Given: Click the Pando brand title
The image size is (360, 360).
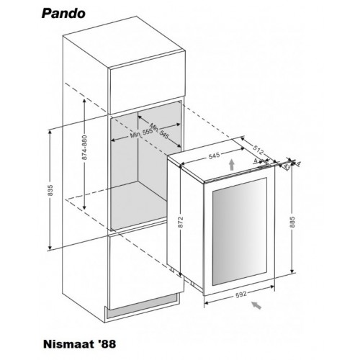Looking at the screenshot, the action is pos(63,14).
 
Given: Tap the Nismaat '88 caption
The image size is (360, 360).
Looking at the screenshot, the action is pos(80,343).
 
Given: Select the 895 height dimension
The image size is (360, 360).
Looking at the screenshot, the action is pos(50,190).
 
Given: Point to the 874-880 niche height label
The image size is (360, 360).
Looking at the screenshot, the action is pos(84,148).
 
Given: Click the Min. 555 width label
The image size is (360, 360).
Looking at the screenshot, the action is pos(141,133).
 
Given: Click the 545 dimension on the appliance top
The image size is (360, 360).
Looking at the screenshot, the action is pos(214,156).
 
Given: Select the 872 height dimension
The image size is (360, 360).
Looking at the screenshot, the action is pos(181,222).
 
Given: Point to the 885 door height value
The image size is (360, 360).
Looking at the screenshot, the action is pos(292,222).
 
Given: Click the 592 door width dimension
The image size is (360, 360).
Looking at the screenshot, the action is pos(241,294).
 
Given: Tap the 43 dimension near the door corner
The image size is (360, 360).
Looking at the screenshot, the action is pos(287,166).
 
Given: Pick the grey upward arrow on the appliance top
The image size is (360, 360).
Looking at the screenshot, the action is pos(231,164).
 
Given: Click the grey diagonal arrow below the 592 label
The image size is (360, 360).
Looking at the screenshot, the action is pos(256,305).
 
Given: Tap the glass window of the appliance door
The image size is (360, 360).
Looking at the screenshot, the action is pos(240,232).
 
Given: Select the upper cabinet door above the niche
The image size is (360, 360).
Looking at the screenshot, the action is pos(148,82).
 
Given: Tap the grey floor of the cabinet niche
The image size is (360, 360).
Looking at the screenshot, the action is pos(139,204).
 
